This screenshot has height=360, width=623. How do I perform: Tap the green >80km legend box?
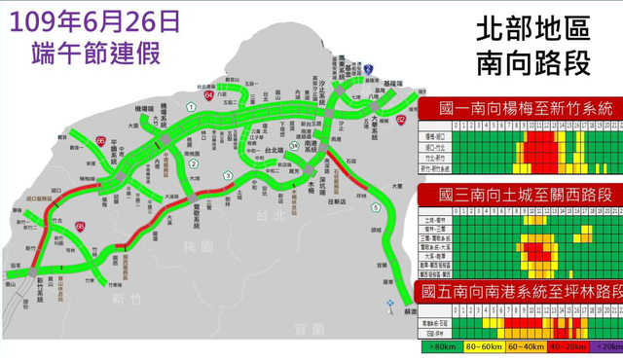tap(441, 345)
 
